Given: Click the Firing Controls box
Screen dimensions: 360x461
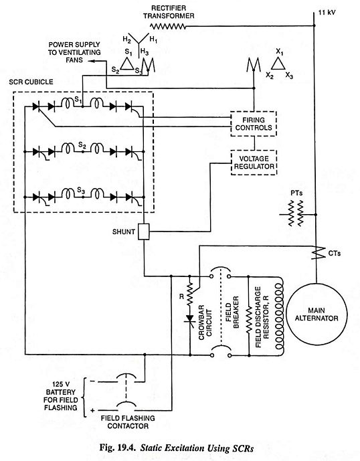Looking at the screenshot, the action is click(x=254, y=124).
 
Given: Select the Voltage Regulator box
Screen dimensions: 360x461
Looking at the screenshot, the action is click(x=254, y=163).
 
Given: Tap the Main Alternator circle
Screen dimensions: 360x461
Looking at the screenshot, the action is click(x=317, y=314).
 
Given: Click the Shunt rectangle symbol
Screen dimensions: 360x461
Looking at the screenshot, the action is click(x=144, y=232).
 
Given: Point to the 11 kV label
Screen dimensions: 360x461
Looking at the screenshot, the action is click(x=327, y=13).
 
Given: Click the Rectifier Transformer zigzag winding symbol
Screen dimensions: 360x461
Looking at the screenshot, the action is click(x=168, y=27).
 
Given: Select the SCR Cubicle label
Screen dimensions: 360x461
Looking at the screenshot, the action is click(x=31, y=82).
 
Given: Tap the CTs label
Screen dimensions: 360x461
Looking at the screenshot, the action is click(x=335, y=253).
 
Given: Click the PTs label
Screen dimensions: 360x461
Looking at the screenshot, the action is click(x=296, y=193).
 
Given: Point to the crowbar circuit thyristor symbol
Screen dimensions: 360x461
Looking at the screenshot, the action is click(x=190, y=319).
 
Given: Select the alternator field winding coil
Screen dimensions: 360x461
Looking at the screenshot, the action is click(x=280, y=316).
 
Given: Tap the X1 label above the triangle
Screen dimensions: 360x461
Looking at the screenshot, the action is click(x=280, y=52).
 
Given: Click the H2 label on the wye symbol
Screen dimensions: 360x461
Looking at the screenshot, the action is click(x=126, y=39).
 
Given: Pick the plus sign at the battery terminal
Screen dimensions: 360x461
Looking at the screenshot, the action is click(x=92, y=410).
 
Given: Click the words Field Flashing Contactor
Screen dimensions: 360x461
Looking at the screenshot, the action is click(x=128, y=422).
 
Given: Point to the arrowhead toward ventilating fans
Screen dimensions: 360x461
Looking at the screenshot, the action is click(x=91, y=61).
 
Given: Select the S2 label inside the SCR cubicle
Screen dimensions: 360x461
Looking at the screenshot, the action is click(x=82, y=145).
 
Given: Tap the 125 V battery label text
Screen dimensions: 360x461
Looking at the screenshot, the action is click(x=61, y=395).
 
